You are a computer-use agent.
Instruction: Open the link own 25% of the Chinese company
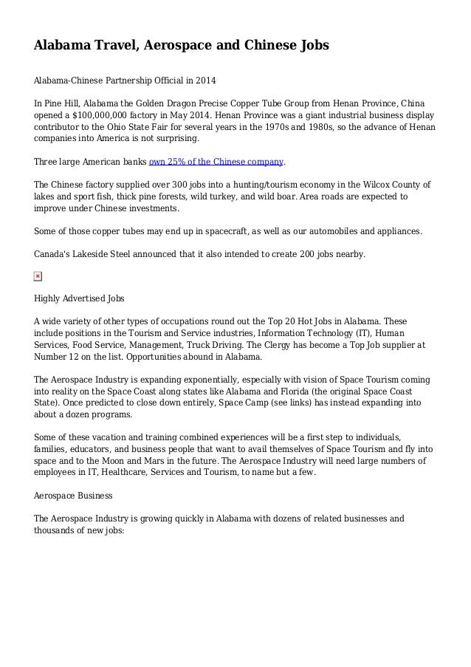[x=216, y=162]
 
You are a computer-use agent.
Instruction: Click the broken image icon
[x=38, y=277]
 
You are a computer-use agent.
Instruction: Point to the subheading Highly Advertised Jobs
[x=79, y=299]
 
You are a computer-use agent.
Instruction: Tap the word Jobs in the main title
[x=310, y=46]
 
